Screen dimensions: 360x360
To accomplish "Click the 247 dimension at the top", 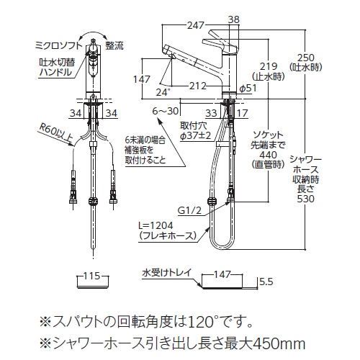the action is [196, 25].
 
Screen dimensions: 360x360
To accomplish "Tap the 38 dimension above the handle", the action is [234, 19].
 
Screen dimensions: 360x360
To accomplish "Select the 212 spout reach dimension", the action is [198, 86].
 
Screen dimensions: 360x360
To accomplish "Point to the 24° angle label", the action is [163, 92].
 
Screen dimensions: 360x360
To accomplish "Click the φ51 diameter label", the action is [248, 89].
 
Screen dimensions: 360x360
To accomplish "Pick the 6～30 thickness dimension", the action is [166, 111].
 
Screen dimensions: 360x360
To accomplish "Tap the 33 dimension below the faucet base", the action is [212, 113].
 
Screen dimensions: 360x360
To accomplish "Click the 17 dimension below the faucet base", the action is [242, 113].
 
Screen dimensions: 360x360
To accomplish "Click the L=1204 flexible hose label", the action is [156, 225].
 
